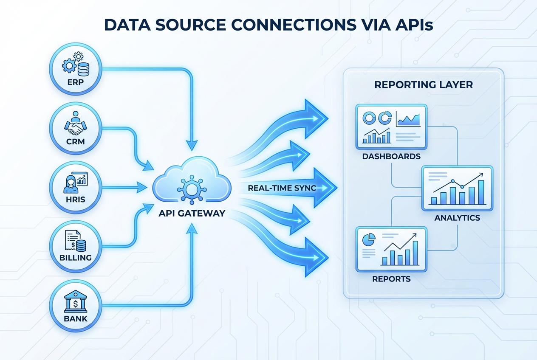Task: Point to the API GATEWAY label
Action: point(192,214)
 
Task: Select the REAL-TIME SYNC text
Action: point(282,188)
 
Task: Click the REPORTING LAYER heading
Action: point(423,85)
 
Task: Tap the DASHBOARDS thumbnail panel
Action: point(391,127)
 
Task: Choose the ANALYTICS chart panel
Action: point(457,188)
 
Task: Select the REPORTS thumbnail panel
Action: point(391,249)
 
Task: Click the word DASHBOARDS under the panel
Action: point(391,156)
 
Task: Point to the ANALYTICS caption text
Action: point(457,218)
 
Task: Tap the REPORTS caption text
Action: point(391,279)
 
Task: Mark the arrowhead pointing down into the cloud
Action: point(192,145)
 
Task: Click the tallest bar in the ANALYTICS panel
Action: point(481,192)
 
